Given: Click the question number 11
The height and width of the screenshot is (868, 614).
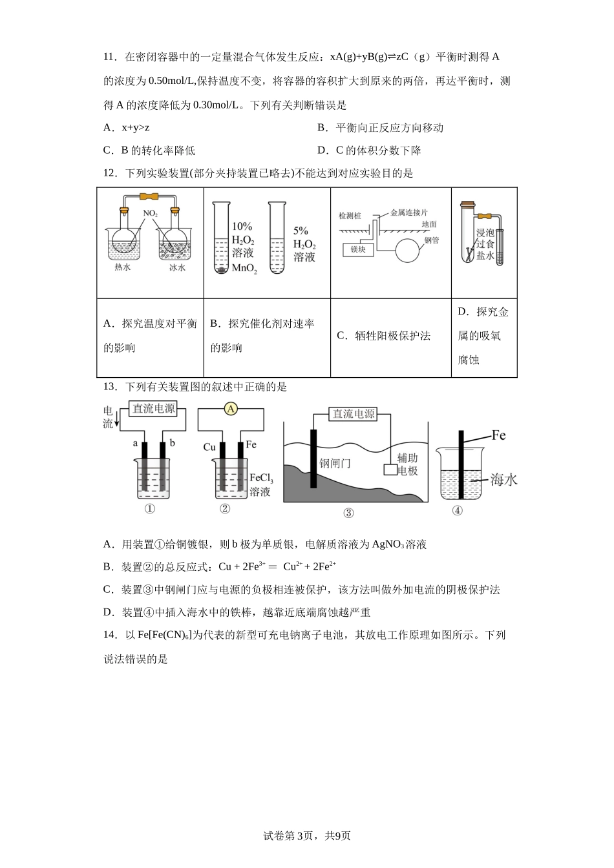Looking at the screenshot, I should pyautogui.click(x=109, y=57).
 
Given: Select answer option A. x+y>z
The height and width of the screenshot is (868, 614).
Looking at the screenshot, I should pyautogui.click(x=127, y=128).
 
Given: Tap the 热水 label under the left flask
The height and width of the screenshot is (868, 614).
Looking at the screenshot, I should pyautogui.click(x=123, y=266).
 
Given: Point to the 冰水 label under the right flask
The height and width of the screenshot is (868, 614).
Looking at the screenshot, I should pyautogui.click(x=176, y=267).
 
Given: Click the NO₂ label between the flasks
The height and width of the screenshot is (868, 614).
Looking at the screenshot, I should pyautogui.click(x=150, y=213).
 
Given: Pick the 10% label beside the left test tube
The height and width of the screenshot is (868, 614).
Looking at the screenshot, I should pyautogui.click(x=242, y=227).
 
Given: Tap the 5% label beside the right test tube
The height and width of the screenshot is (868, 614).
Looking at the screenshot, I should pyautogui.click(x=301, y=231).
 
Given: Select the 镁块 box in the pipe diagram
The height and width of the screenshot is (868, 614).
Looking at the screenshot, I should pyautogui.click(x=358, y=249).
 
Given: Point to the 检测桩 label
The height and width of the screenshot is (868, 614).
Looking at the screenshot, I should pyautogui.click(x=350, y=216).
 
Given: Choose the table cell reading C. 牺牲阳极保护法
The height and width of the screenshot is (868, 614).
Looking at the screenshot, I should pyautogui.click(x=384, y=336).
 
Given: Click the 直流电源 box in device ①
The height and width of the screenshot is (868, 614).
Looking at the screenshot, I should pyautogui.click(x=153, y=409).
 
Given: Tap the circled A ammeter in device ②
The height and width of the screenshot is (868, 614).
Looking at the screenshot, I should pyautogui.click(x=230, y=408).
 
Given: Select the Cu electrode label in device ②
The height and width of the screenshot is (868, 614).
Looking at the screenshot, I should pyautogui.click(x=209, y=447).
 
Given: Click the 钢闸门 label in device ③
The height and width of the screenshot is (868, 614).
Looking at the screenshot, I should pyautogui.click(x=335, y=463).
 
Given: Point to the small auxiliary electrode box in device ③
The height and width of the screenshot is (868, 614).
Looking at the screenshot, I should pyautogui.click(x=390, y=470).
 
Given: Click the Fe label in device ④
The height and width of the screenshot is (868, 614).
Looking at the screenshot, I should pyautogui.click(x=498, y=435).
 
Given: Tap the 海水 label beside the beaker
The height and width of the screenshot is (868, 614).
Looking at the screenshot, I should pyautogui.click(x=503, y=480).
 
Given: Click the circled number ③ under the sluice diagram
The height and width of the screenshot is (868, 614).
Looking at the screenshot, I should pyautogui.click(x=348, y=513).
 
